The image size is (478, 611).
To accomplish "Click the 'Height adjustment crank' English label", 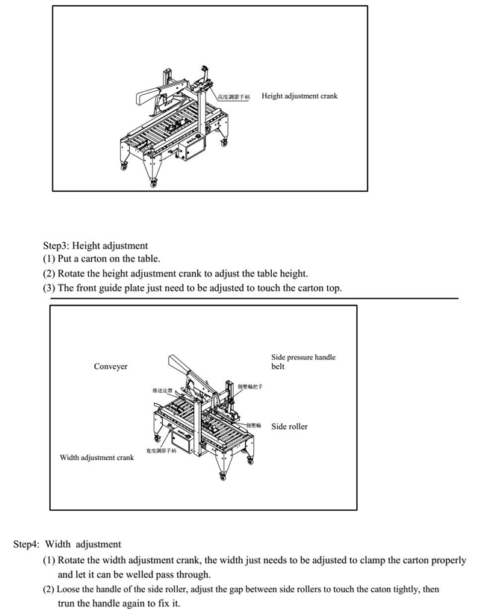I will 299,96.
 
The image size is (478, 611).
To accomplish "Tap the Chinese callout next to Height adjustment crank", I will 235,97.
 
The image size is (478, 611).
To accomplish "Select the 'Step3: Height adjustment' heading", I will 95,245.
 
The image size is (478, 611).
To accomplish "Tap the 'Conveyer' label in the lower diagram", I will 111,367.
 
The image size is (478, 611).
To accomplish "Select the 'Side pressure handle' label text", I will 302,357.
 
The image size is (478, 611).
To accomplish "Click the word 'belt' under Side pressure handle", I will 277,367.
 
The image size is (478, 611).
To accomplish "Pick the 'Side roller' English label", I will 289,427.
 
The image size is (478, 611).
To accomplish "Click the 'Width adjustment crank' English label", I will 97,457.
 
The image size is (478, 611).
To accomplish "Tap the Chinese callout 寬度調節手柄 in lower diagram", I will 161,451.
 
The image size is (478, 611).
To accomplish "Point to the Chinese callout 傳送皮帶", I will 155,390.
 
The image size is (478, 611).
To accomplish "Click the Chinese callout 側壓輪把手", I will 249,387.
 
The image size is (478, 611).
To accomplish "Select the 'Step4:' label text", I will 26,545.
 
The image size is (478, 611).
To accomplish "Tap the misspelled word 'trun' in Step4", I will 67,603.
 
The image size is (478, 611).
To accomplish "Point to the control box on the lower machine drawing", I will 184,442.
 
